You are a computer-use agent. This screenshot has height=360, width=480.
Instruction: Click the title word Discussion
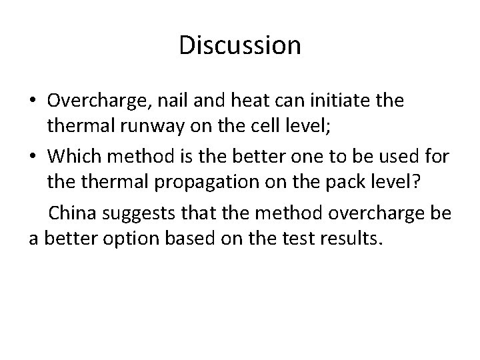click(x=240, y=45)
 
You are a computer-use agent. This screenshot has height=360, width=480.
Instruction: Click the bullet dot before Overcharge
click(x=33, y=100)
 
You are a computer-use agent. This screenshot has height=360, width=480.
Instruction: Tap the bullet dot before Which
click(x=33, y=157)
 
